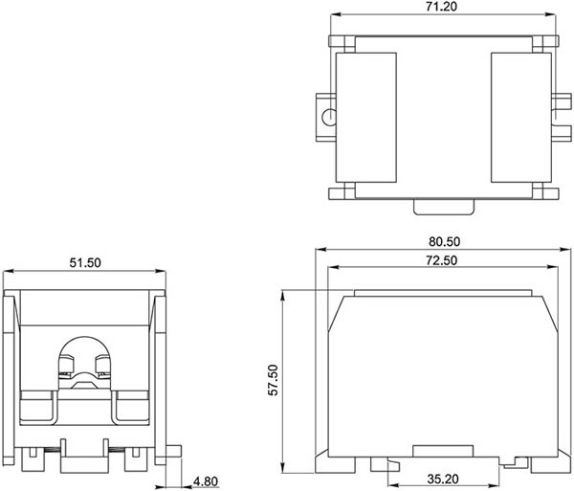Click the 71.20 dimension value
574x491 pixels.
441,7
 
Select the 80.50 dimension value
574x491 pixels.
445,241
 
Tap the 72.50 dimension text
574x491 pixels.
441,260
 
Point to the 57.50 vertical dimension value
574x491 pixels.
273,380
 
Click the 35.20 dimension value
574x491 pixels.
443,479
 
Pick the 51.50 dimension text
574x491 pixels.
85,262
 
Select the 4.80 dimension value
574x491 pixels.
206,481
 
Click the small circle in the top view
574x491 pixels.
329,117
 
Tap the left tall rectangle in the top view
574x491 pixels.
366,118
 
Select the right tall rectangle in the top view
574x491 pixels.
521,118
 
